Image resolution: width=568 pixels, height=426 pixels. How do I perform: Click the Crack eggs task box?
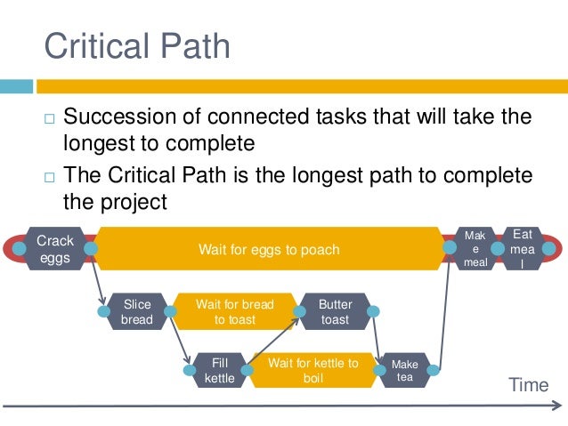55,249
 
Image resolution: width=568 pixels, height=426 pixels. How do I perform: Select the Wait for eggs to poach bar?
268,249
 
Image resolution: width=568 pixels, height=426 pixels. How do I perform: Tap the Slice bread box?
136,312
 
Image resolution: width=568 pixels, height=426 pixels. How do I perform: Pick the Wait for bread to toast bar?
235,312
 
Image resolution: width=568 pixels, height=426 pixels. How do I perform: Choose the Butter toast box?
335,312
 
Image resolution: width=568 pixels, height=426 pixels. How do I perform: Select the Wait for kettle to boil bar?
312,370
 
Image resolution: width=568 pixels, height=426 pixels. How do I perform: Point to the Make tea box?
404,370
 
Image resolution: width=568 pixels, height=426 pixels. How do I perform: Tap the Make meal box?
475,249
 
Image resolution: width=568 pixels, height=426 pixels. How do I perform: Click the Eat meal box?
523,249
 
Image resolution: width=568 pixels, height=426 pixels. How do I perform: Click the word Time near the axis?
528,384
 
